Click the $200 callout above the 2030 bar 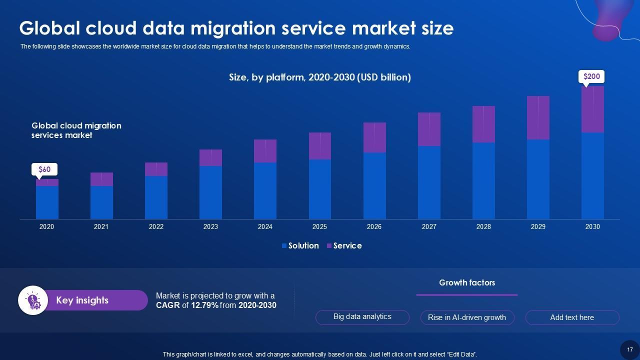(x=592, y=76)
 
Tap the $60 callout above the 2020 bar (x=44, y=169)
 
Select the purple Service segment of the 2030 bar (x=592, y=109)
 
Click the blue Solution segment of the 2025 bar (x=320, y=189)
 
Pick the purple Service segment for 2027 (x=429, y=129)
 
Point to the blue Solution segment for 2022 (x=156, y=197)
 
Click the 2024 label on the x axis (x=265, y=226)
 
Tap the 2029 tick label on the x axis (x=538, y=226)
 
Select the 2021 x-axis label (x=101, y=226)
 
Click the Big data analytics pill (x=362, y=317)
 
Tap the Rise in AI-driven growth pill (x=467, y=317)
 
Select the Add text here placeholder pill (x=572, y=317)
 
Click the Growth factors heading (x=467, y=282)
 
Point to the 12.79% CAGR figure (x=204, y=305)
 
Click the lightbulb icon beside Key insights (x=33, y=300)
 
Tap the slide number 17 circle (x=630, y=349)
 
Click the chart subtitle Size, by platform (x=320, y=77)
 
